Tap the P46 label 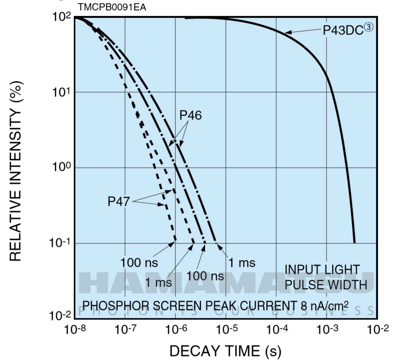point(190,115)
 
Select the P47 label point(118,202)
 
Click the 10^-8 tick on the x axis point(75,330)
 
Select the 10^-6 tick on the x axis point(175,330)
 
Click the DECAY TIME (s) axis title point(225,351)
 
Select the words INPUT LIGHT point(322,270)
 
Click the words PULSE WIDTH point(326,284)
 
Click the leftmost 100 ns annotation point(139,262)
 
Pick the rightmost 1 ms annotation point(242,262)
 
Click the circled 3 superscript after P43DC point(368,27)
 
